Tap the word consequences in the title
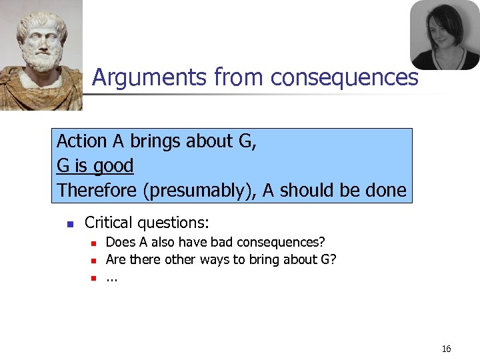pos(345,78)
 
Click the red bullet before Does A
pos(94,243)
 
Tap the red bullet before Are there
pos(94,260)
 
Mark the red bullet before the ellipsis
pos(94,277)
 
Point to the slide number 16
pos(447,349)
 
